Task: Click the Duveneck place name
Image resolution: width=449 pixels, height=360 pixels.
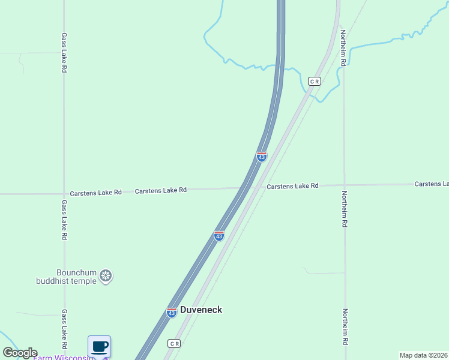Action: coord(201,310)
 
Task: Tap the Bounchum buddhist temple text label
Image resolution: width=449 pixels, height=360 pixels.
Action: coord(76,276)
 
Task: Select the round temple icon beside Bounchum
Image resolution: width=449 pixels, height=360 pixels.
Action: coord(106,276)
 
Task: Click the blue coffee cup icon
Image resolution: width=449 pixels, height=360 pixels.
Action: coord(100,346)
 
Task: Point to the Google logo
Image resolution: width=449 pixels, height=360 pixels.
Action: coord(20,353)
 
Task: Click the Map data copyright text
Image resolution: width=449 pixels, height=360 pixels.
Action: coord(423,355)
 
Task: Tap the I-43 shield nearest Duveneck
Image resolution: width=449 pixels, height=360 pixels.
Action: coord(172,313)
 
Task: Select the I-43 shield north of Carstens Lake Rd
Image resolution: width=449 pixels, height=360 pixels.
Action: coord(262,157)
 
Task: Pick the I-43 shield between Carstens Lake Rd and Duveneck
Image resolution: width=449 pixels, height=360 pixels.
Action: coord(219,236)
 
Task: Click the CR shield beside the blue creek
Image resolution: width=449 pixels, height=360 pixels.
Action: coord(315,81)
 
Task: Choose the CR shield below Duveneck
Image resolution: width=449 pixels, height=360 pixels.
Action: coord(173,344)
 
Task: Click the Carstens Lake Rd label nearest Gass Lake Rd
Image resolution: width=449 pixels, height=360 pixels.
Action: coord(95,193)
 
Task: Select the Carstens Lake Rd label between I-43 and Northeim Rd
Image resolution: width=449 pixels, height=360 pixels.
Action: coord(292,186)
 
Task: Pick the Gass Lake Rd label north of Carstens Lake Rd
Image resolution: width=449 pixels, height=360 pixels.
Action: coord(64,53)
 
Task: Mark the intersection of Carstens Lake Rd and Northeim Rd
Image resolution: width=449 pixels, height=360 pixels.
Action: coord(345,185)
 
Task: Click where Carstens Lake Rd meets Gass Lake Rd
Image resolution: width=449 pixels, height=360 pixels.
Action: coord(64,194)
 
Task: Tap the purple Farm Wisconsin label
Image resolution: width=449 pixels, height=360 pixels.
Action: coord(63,358)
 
